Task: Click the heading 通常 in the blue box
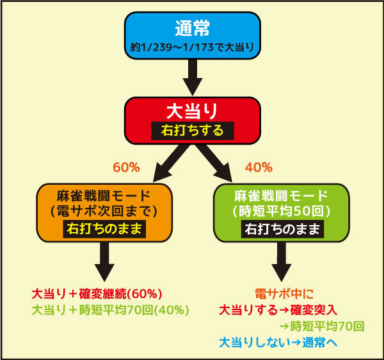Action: click(x=192, y=28)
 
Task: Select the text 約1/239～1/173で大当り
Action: click(x=192, y=47)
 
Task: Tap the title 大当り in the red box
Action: click(x=192, y=111)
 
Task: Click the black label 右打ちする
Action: click(x=193, y=130)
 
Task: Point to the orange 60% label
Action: click(x=126, y=168)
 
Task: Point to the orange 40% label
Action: click(x=259, y=168)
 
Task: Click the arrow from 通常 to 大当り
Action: click(x=193, y=77)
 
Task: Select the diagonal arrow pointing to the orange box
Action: click(x=171, y=163)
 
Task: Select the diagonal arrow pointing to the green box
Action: click(x=214, y=163)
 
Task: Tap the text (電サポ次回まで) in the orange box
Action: click(x=104, y=211)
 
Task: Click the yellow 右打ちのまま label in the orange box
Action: click(x=104, y=229)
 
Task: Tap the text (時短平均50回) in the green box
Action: click(x=282, y=211)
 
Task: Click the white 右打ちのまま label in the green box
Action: click(x=282, y=229)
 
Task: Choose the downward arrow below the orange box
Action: click(x=104, y=262)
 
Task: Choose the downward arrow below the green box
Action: click(x=282, y=262)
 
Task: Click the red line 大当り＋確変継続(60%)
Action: click(x=97, y=293)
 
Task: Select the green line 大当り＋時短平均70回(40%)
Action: click(x=111, y=310)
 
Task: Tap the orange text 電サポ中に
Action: click(x=284, y=293)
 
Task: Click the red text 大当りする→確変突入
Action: click(x=278, y=310)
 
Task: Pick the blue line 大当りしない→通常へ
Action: click(x=278, y=342)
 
